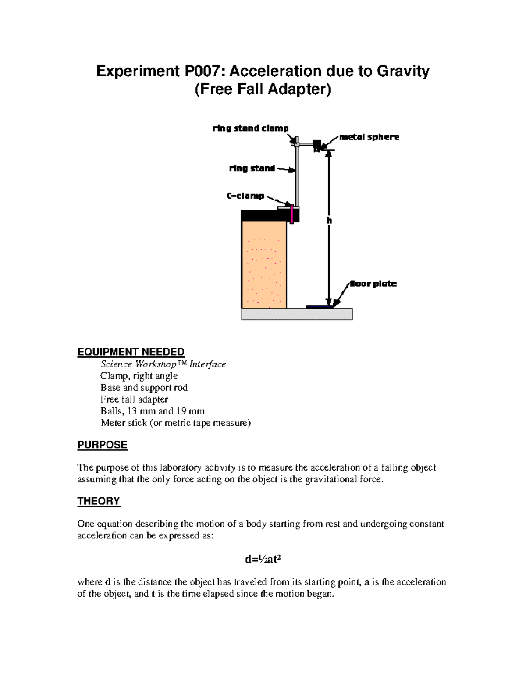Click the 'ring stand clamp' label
(x=250, y=128)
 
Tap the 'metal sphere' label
(x=369, y=137)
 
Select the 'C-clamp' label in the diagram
(x=245, y=196)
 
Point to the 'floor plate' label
(x=373, y=284)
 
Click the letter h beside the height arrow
(x=329, y=221)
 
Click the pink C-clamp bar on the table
(x=291, y=214)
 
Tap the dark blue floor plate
(x=320, y=307)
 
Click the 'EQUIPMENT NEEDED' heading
(x=131, y=352)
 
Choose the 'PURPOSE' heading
(x=102, y=445)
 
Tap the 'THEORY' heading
(x=99, y=501)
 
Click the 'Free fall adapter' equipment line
(x=134, y=399)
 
